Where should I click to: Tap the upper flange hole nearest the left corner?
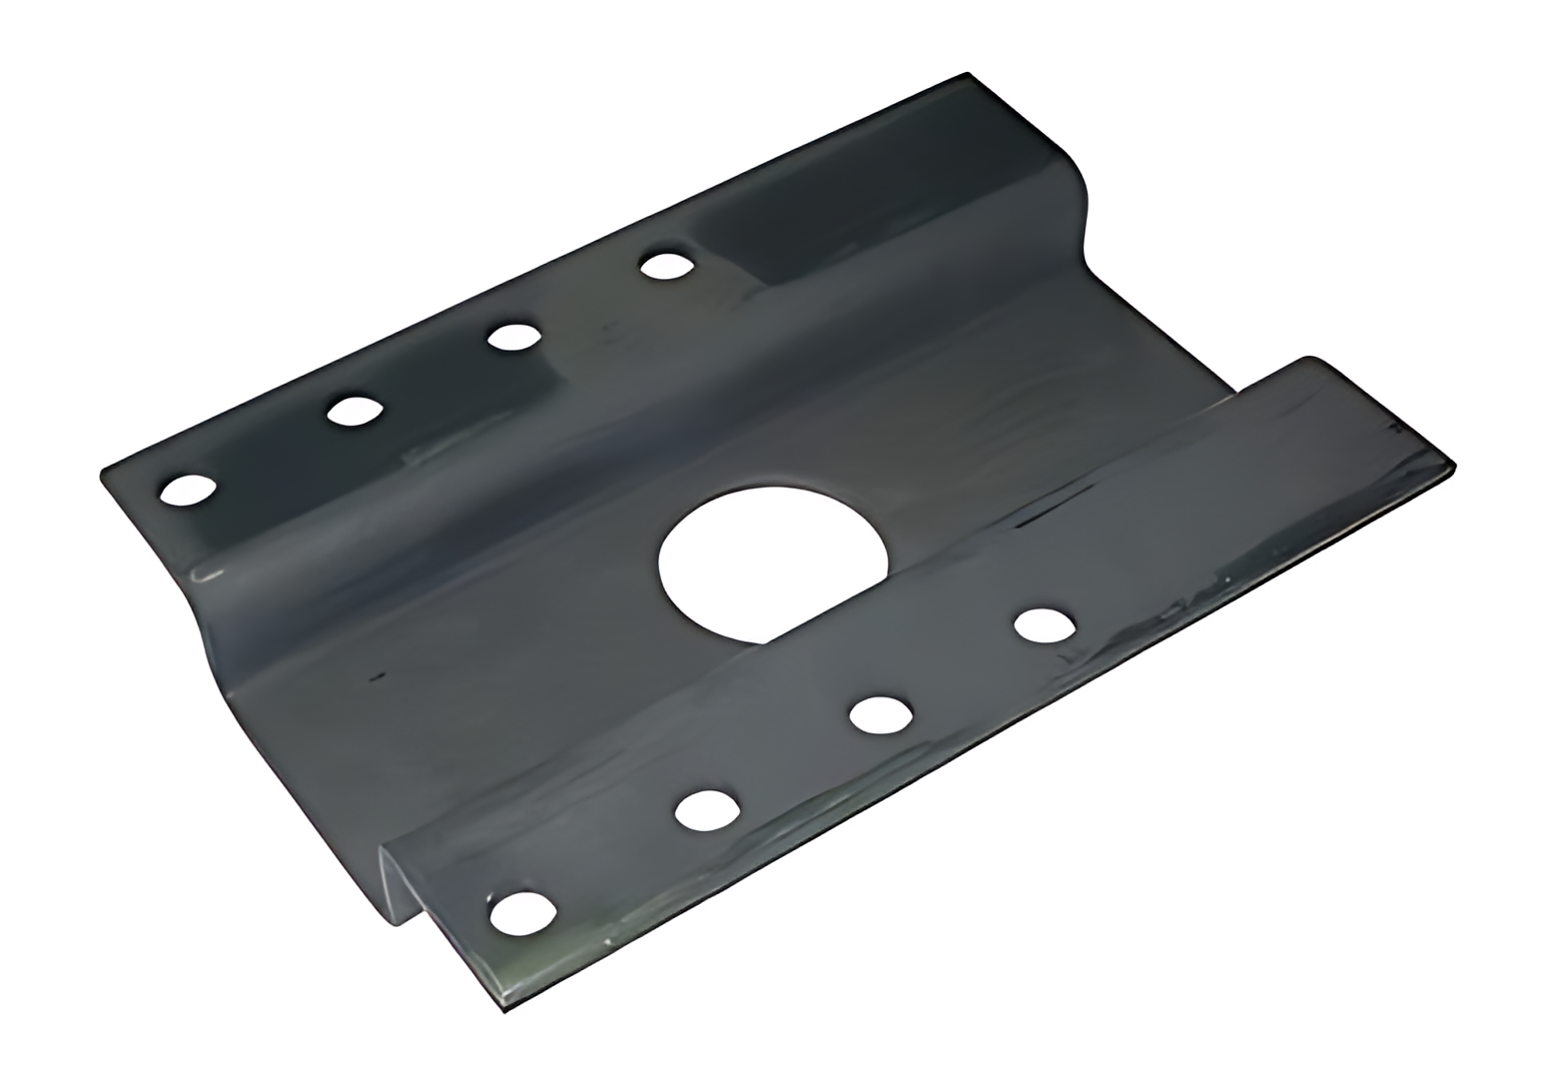click(187, 490)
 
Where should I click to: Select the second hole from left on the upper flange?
click(355, 411)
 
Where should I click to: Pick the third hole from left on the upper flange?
click(513, 337)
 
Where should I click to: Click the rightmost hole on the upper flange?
click(666, 266)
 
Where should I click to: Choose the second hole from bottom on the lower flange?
click(706, 810)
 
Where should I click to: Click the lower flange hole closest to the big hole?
click(1044, 625)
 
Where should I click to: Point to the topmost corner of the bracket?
click(967, 73)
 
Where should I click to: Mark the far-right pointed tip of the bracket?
click(1453, 466)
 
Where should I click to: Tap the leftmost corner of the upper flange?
click(103, 475)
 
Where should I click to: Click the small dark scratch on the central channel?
click(377, 678)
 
